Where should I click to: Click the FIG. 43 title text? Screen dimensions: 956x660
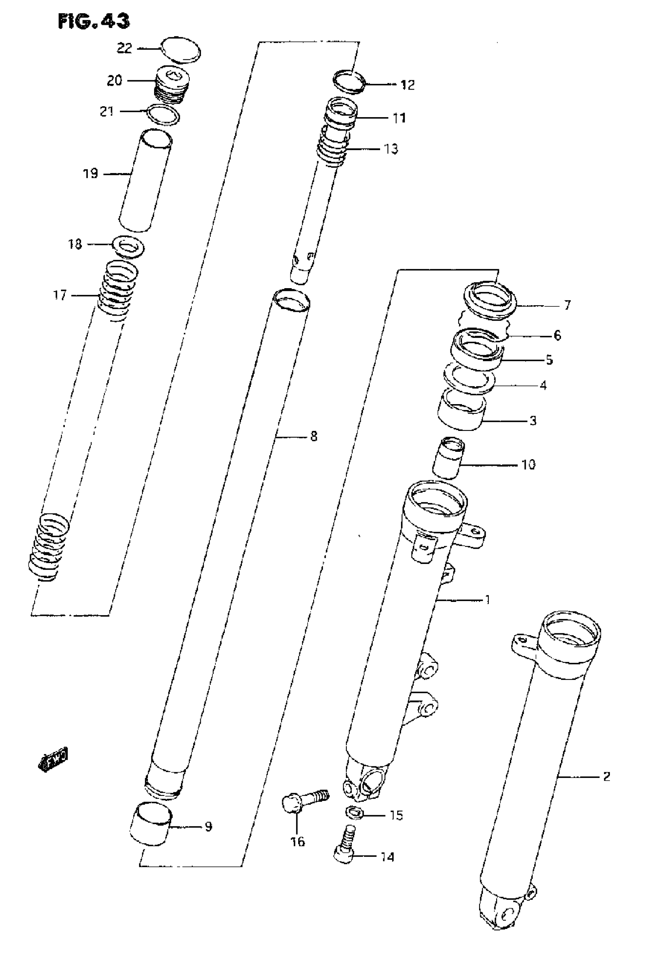point(94,21)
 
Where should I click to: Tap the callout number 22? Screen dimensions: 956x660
point(124,48)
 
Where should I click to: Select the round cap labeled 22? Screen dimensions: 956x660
point(181,50)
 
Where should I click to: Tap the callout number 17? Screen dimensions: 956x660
point(59,296)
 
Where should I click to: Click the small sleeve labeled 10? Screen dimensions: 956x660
point(448,458)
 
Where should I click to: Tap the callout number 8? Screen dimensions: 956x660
point(314,436)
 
